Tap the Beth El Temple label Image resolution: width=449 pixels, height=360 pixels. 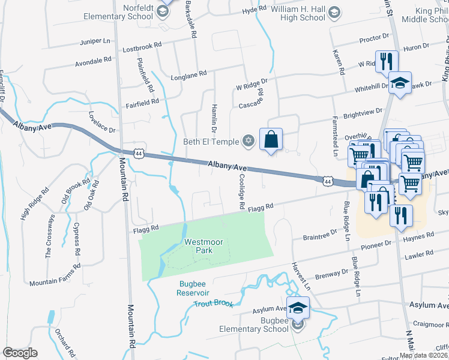point(211,142)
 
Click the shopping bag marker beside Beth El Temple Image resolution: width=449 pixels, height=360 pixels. point(271,139)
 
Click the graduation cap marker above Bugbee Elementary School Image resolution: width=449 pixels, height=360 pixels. point(298,308)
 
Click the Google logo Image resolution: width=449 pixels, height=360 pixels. point(20,352)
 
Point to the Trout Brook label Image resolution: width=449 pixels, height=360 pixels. point(213,304)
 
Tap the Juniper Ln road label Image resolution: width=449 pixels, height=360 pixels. point(96,42)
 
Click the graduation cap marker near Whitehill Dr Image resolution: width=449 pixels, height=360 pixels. point(400,83)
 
